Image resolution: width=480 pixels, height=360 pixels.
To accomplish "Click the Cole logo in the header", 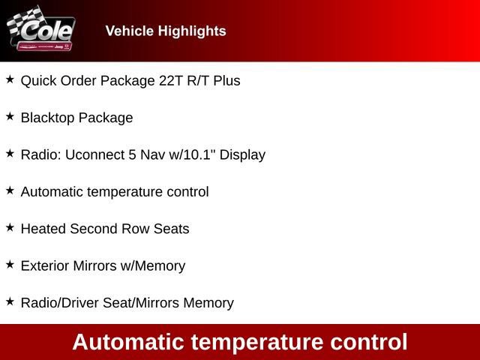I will (40, 30).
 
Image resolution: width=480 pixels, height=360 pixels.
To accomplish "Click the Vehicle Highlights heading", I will (166, 31).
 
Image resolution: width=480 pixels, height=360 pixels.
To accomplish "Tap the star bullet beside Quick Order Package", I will (10, 79).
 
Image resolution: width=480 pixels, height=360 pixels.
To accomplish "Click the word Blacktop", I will (47, 118).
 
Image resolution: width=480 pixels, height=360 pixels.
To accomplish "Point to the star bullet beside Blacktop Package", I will (10, 116).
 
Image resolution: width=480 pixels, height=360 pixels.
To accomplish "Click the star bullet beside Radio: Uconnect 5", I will (10, 153).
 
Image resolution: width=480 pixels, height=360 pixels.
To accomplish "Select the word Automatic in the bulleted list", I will (52, 192).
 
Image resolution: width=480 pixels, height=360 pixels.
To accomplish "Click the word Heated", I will (43, 229).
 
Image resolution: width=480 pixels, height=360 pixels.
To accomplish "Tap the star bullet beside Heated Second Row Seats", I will (10, 227).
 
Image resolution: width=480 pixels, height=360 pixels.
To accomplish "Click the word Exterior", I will (44, 265).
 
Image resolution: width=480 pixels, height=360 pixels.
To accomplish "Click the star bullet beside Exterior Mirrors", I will (10, 264).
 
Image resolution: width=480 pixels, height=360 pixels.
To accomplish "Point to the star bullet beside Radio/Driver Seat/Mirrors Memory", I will (10, 301).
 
